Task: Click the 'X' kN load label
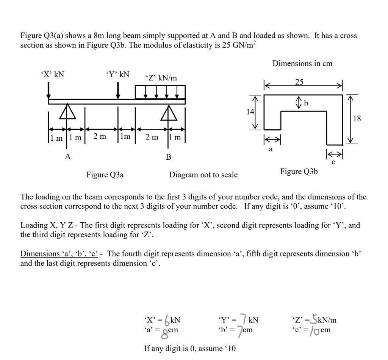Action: tap(52, 74)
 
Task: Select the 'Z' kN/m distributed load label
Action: tap(161, 78)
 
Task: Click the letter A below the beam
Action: tap(67, 156)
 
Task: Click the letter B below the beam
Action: tap(169, 156)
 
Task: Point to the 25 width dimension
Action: tap(299, 82)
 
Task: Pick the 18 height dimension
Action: tap(357, 119)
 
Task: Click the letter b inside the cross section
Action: tap(306, 103)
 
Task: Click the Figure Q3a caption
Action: tap(105, 175)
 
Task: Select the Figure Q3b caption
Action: tap(299, 172)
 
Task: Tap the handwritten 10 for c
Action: tap(314, 330)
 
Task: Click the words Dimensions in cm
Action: tap(302, 63)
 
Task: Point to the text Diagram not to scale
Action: tap(203, 175)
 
